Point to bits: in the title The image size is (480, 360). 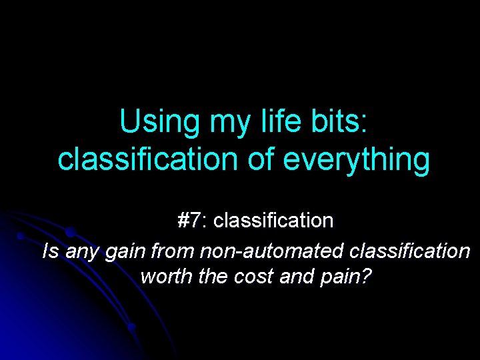[333, 122]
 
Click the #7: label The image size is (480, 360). [193, 220]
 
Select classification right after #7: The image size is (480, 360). [274, 220]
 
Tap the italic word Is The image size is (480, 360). [49, 251]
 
